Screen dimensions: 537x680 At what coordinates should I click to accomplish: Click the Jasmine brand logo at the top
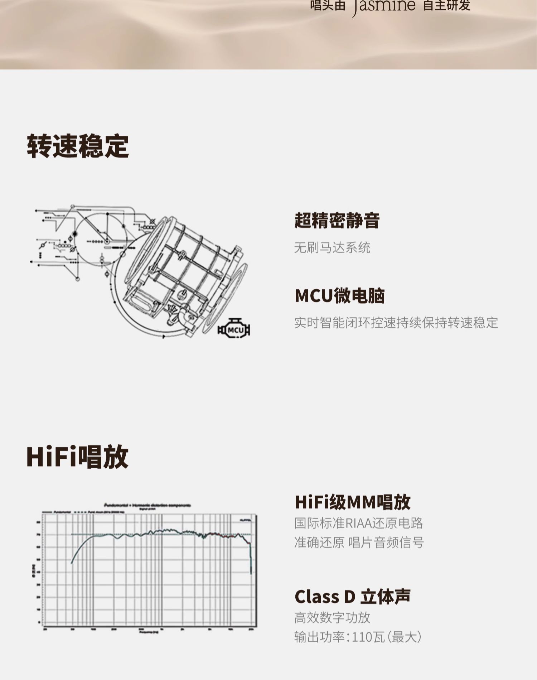384,6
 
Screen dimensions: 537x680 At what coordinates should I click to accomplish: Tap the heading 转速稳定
78,146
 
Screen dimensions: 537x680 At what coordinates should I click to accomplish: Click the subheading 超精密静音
337,220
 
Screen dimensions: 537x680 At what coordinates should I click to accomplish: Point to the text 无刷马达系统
332,247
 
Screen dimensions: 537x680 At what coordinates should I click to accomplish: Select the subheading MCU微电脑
339,296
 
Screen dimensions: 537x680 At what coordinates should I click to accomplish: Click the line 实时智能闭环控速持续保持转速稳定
396,323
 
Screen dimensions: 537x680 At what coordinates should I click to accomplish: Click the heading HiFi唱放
77,457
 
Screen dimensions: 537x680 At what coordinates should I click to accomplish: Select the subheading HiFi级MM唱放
352,502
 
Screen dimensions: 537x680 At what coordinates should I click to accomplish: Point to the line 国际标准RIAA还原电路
358,523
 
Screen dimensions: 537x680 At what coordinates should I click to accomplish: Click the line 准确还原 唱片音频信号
359,542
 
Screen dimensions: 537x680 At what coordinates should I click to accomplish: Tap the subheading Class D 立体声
352,597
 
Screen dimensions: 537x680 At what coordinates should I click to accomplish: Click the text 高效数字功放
332,618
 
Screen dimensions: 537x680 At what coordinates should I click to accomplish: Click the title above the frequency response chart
147,505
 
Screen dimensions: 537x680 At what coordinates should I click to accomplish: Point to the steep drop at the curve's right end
251,559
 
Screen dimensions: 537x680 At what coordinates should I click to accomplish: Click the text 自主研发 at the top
446,6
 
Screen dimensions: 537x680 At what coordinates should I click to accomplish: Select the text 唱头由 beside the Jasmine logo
327,6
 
